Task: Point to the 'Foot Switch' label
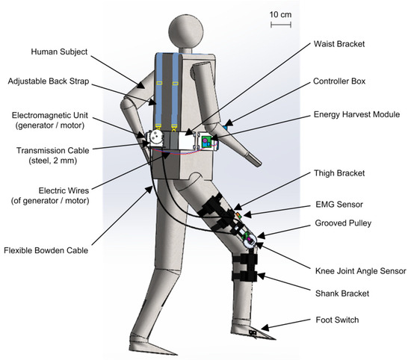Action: click(334, 320)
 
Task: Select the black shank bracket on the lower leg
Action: click(246, 266)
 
